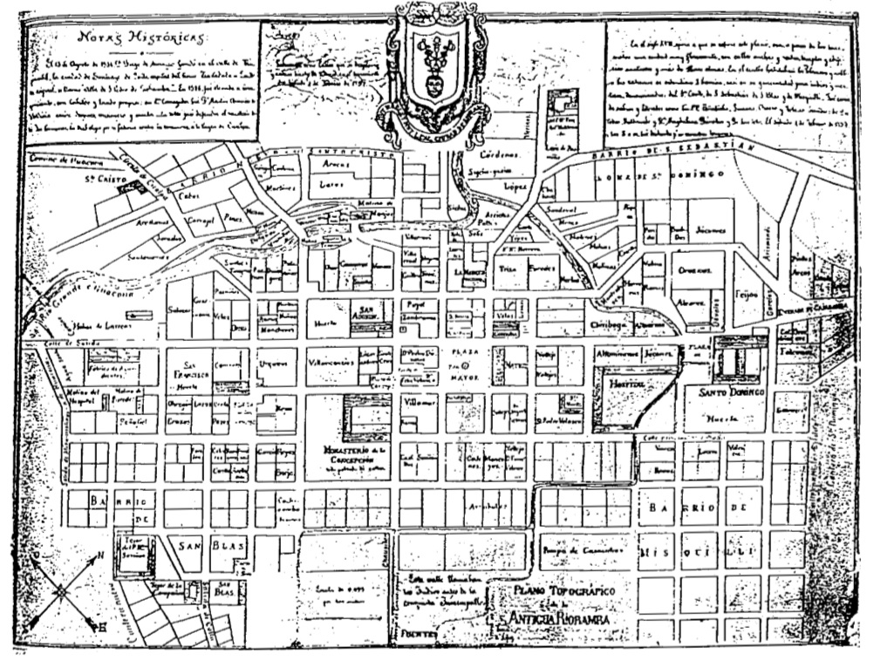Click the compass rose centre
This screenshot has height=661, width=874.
[61, 592]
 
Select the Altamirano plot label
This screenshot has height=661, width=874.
[618, 356]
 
